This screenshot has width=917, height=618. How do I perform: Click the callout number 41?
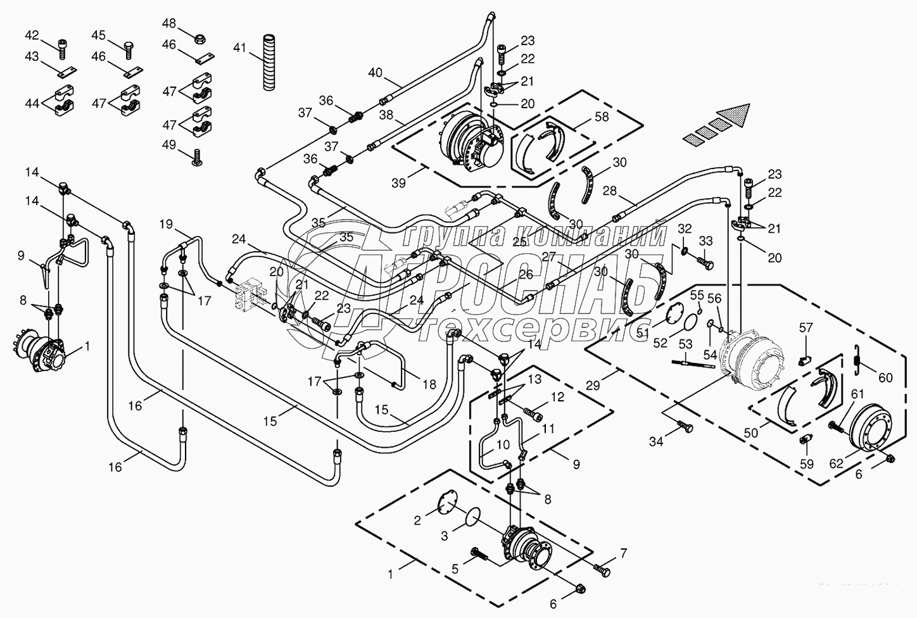[x=238, y=47]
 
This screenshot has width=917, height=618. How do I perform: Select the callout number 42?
[x=32, y=35]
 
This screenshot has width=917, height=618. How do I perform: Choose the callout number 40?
[x=376, y=72]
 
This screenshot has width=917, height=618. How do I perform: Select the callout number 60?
[x=885, y=378]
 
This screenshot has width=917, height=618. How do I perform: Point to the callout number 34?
[x=656, y=442]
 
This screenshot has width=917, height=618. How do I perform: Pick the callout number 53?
[x=686, y=343]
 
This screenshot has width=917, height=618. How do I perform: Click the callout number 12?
[x=557, y=397]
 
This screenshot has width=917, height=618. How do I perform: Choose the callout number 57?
[x=805, y=327]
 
